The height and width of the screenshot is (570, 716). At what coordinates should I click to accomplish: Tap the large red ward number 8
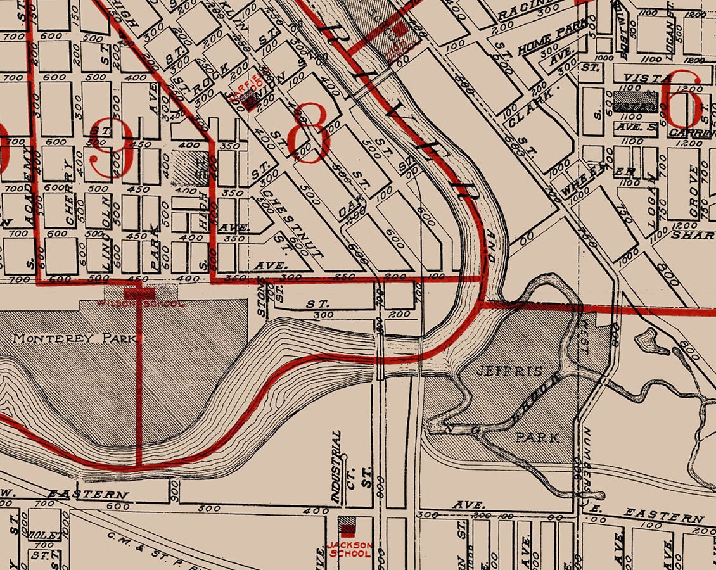point(309,132)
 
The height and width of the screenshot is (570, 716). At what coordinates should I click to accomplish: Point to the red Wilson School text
point(140,303)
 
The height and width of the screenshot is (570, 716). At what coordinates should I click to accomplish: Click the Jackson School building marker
point(347,525)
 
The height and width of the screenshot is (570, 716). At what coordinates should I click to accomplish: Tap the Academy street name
point(29,184)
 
